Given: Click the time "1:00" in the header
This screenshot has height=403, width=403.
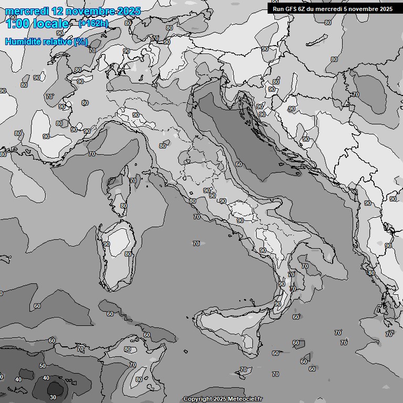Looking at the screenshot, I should pyautogui.click(x=17, y=23).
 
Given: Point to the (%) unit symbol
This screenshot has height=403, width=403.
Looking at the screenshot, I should pyautogui.click(x=81, y=41).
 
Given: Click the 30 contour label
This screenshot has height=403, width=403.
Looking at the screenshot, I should pyautogui.click(x=53, y=397).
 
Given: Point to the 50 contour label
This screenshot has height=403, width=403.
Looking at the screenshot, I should pyautogui.click(x=43, y=366).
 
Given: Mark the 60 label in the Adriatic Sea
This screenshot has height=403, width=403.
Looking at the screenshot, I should pyautogui.click(x=239, y=164).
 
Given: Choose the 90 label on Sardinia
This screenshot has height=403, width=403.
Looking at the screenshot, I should pyautogui.click(x=107, y=244).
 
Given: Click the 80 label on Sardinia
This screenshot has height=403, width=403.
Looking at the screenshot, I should pyautogui.click(x=128, y=254).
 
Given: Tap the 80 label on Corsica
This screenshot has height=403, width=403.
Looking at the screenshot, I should pyautogui.click(x=123, y=206).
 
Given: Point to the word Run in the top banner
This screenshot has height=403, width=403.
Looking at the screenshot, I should pyautogui.click(x=278, y=9).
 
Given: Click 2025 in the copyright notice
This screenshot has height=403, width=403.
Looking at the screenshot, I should pyautogui.click(x=223, y=399).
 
